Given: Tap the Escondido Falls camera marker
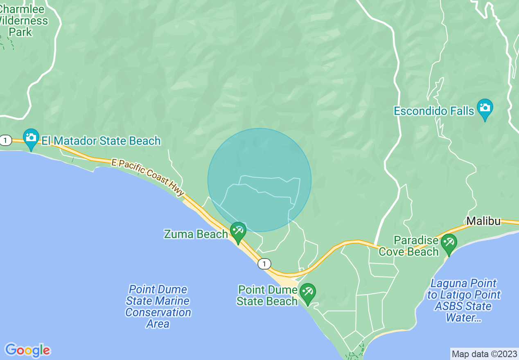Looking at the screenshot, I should [485, 108].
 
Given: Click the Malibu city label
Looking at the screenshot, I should [483, 221].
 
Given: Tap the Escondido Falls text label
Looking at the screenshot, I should [434, 111].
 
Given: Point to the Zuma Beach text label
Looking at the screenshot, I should [196, 234].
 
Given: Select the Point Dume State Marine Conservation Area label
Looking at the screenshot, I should [158, 306].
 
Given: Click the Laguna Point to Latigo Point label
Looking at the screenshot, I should [464, 300].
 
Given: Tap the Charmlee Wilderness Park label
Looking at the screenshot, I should [23, 20].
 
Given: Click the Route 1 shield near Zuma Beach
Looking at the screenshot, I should [264, 264].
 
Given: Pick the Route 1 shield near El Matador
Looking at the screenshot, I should [5, 141].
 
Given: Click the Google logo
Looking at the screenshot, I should [27, 350].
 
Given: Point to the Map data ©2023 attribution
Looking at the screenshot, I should [484, 354].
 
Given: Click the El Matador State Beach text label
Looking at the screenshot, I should [101, 141].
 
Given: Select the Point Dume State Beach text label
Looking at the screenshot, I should [267, 295].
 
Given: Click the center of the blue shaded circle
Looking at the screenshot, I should [259, 180].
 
